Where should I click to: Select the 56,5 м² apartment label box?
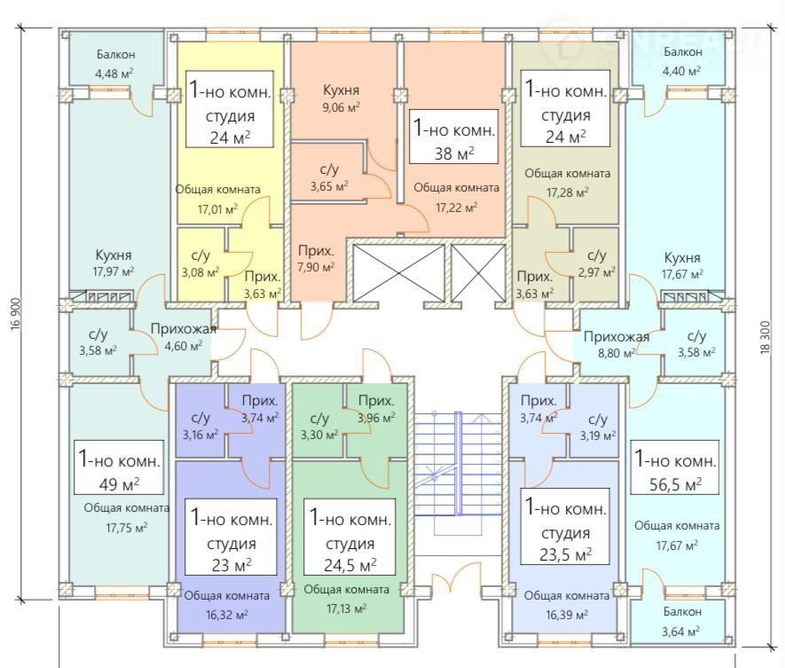[675, 472]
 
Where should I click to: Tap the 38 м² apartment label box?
[453, 138]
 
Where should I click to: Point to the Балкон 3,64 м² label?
[681, 621]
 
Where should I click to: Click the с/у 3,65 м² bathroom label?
[329, 178]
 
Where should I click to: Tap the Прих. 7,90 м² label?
[316, 258]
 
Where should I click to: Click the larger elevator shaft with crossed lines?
[398, 271]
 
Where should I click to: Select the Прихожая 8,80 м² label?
[616, 343]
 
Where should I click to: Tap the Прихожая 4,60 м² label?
[184, 338]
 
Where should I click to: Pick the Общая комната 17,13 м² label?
[346, 598]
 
